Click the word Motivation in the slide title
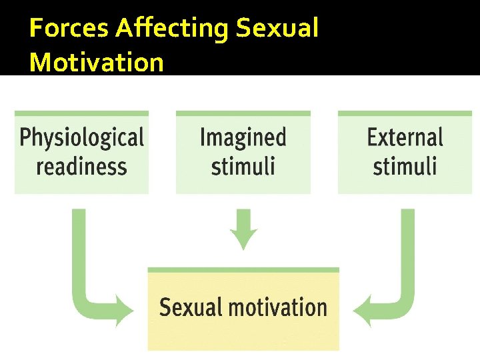(x=97, y=62)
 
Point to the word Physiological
(x=81, y=138)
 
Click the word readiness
(x=81, y=165)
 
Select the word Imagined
(x=243, y=138)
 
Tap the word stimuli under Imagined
(x=243, y=165)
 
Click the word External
(x=405, y=138)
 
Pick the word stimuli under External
(x=405, y=165)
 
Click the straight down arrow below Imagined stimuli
(x=243, y=228)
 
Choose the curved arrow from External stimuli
(x=405, y=267)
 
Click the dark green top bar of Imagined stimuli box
(x=243, y=114)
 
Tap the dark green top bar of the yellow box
(x=243, y=270)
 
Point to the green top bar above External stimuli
(x=405, y=114)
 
